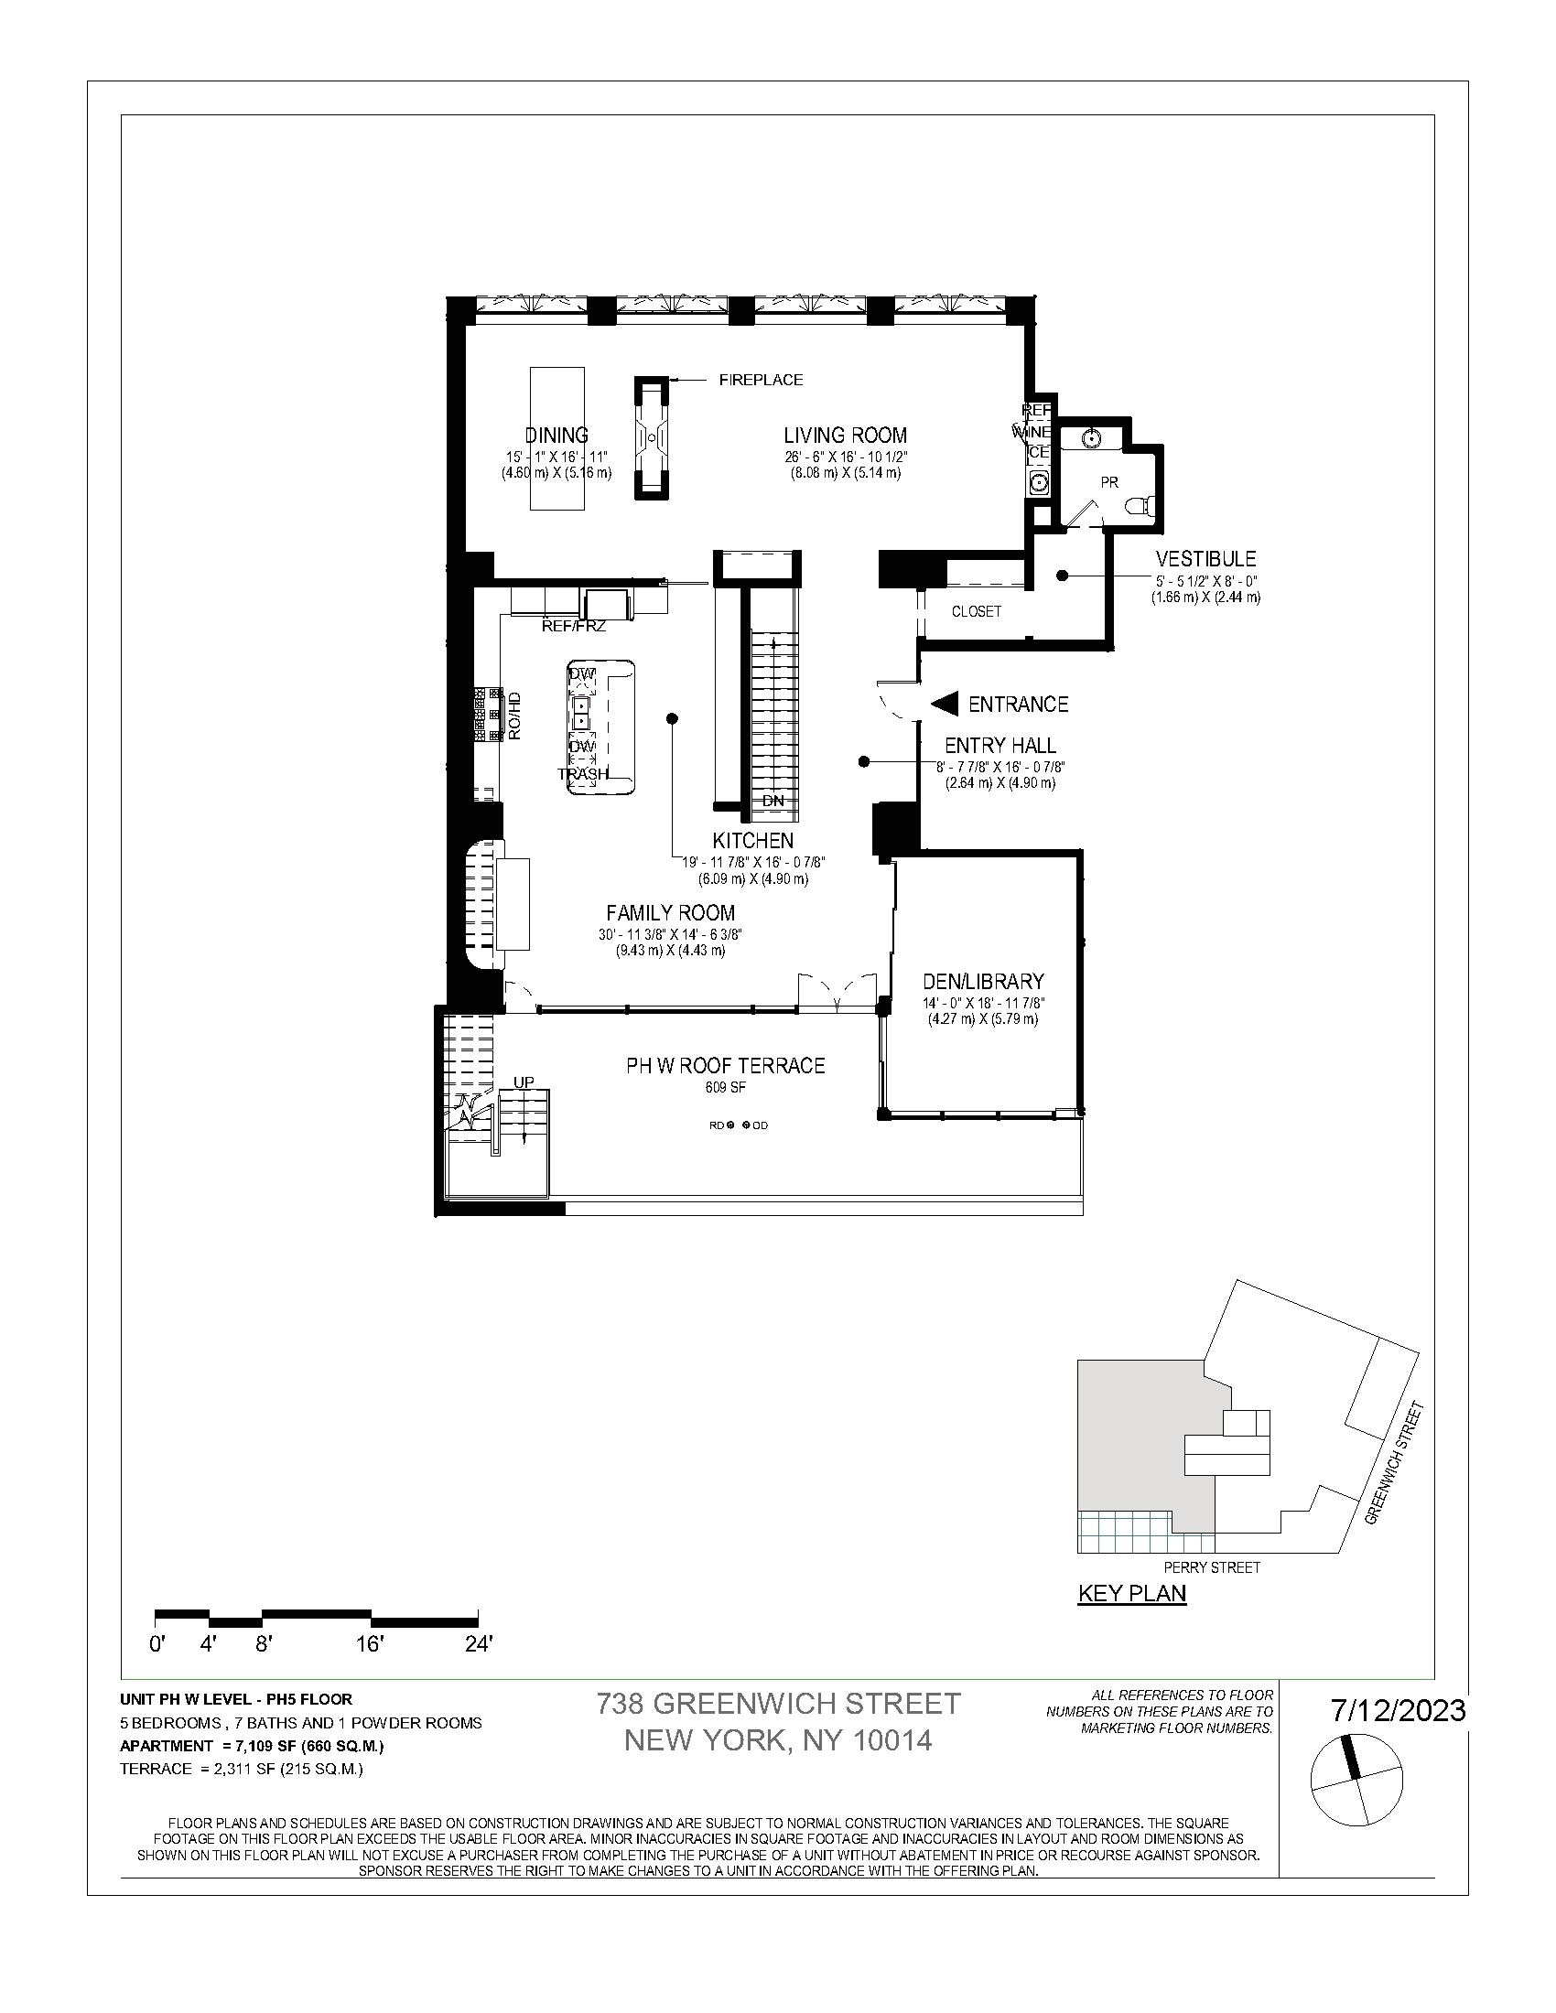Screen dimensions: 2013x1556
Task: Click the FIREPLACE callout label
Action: coord(761,380)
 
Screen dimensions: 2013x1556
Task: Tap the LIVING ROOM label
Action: coord(845,435)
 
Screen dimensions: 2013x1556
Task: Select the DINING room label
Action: coord(556,435)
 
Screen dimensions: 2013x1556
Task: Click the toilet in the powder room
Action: coord(1141,504)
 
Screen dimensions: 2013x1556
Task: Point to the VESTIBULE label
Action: coord(1205,558)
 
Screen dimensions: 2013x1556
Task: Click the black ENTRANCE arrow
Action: coord(945,705)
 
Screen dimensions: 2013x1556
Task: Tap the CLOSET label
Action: coord(977,611)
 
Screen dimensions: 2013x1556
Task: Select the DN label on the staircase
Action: coord(773,801)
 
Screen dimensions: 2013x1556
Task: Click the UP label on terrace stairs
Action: coord(524,1082)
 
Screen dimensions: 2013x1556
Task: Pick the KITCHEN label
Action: coord(752,840)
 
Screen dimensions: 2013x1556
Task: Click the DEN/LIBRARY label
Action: coord(983,982)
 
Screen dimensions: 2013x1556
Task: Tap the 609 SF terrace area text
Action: coord(726,1088)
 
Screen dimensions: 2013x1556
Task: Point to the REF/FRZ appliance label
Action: coord(573,626)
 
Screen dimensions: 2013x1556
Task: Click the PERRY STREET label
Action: coord(1211,1566)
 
